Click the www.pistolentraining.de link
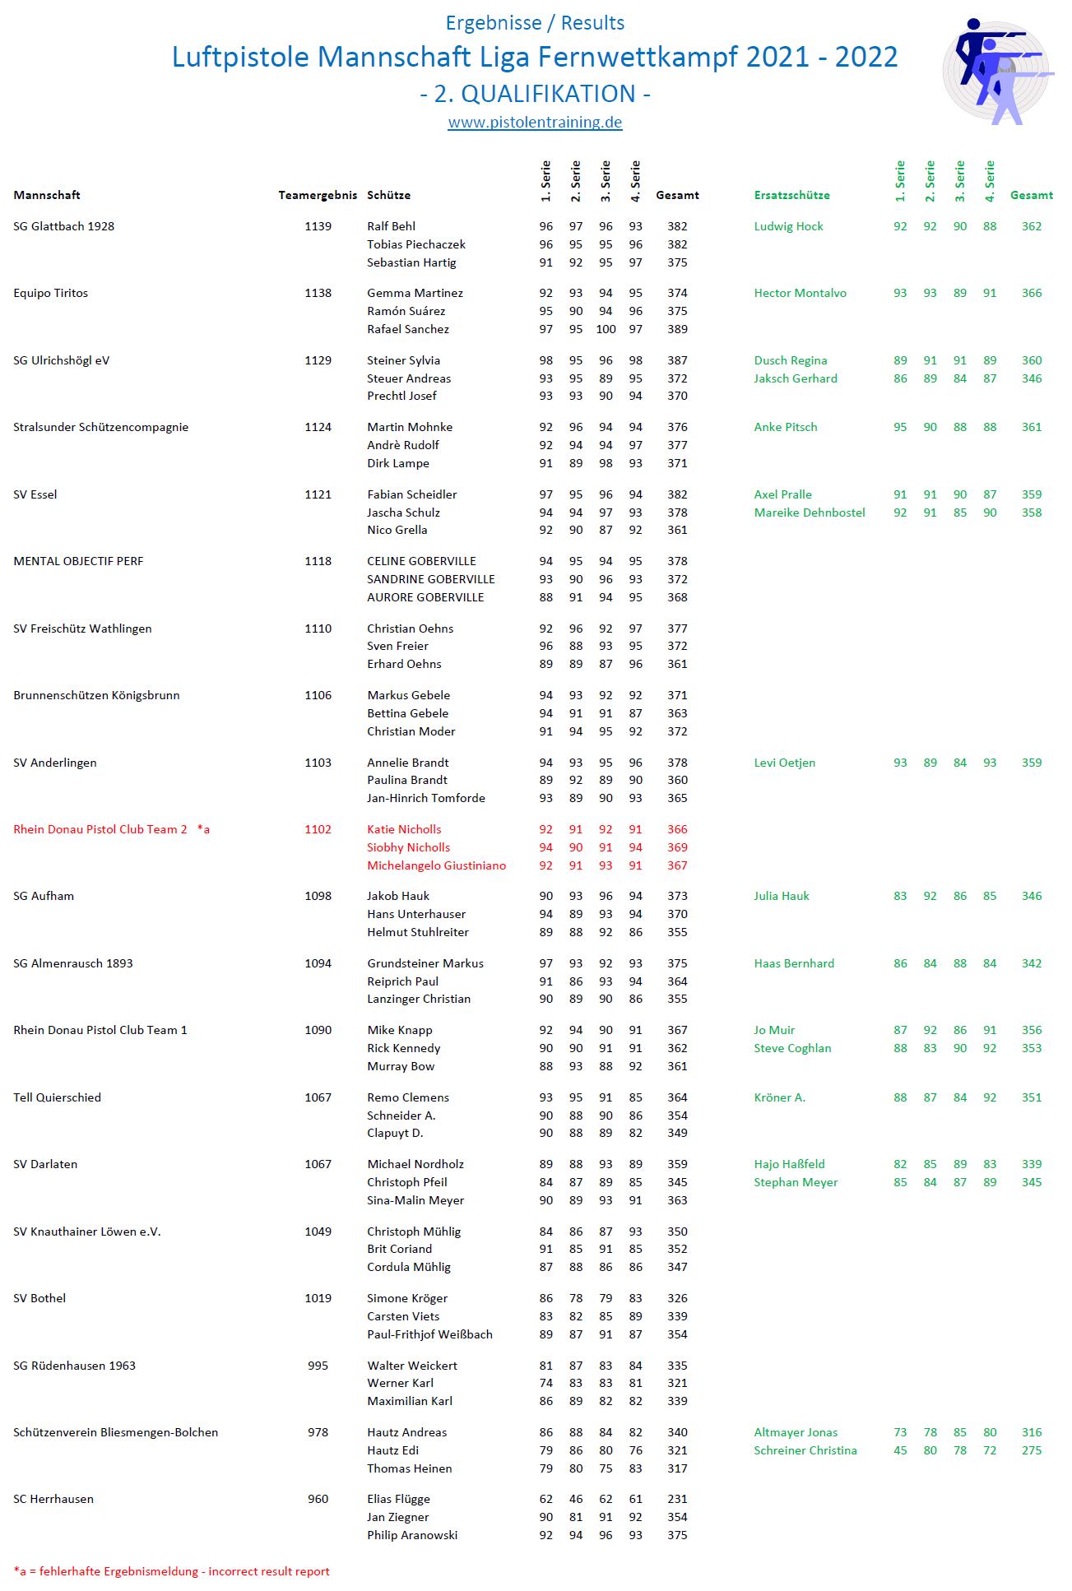pos(535,123)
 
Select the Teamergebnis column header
pos(318,195)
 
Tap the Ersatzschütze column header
pos(791,195)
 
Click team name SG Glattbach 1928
pos(64,226)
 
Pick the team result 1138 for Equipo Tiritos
pos(318,293)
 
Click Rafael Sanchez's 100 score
pos(606,329)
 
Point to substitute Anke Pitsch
pos(786,427)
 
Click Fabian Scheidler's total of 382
pos(677,494)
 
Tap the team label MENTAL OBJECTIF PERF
pos(78,561)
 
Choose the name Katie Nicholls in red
pos(404,829)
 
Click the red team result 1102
pos(318,829)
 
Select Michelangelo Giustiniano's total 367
pos(677,865)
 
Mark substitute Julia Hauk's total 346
pos(1031,896)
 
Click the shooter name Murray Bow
pos(401,1066)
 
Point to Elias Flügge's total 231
pos(677,1499)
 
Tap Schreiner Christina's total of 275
pos(1031,1450)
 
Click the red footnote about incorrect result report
pos(171,1571)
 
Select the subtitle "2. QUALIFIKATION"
pos(535,94)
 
